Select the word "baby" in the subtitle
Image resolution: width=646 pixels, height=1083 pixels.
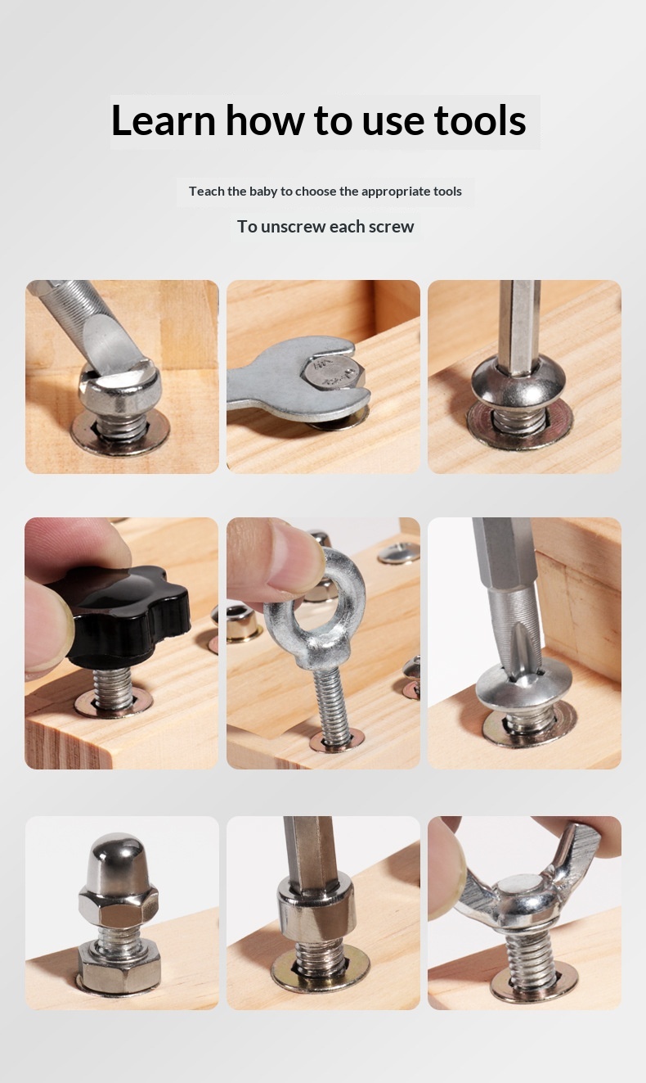click(263, 192)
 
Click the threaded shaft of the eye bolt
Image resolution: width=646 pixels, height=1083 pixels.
click(332, 705)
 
